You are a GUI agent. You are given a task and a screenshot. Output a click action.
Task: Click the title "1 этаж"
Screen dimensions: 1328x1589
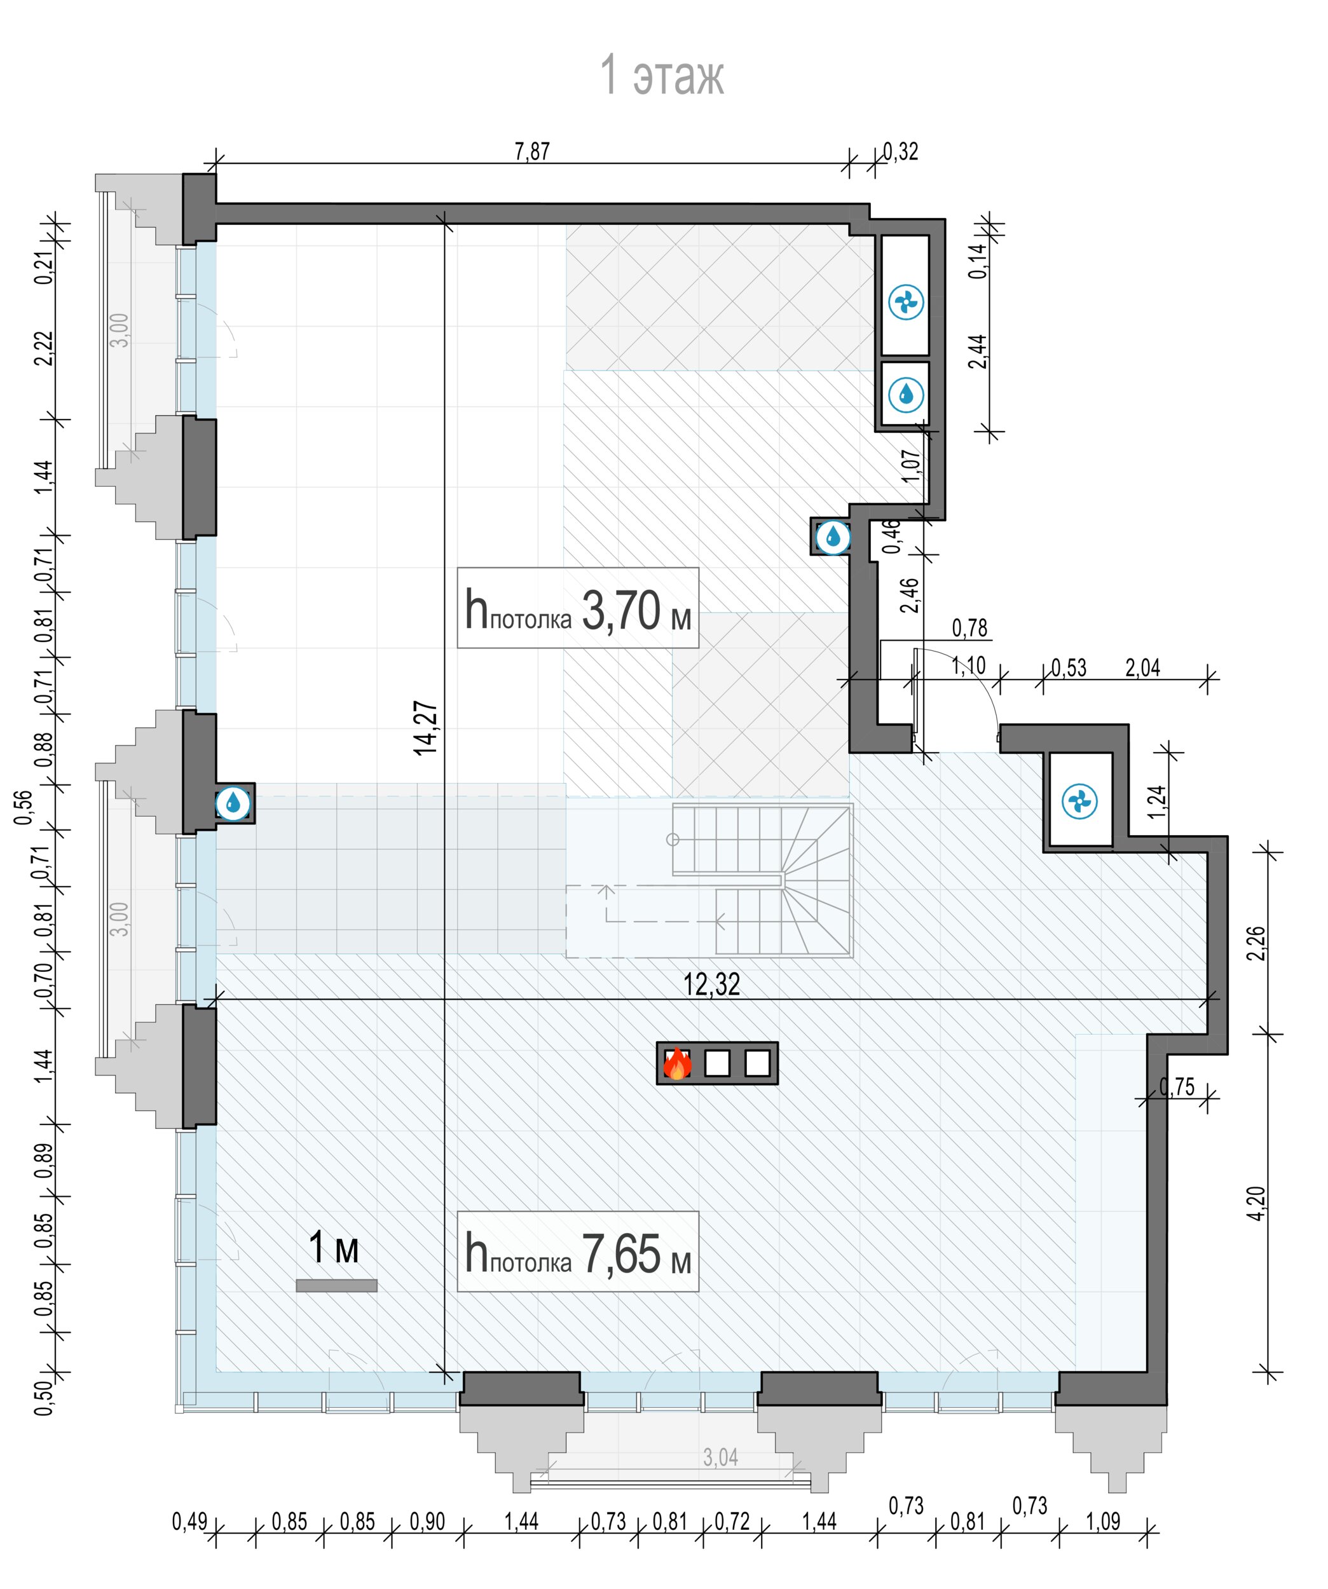point(662,75)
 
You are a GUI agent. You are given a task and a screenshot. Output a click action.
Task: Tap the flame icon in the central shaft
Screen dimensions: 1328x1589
point(676,1063)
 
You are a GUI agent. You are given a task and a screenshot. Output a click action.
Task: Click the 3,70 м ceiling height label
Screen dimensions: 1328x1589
point(577,608)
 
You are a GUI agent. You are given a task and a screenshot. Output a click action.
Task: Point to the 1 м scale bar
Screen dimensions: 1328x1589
point(336,1285)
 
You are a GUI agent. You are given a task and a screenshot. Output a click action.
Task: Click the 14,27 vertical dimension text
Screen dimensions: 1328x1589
point(426,728)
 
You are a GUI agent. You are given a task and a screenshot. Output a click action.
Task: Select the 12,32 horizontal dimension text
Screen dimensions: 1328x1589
point(711,985)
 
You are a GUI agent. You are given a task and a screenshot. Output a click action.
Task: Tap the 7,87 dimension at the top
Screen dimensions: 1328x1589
point(532,151)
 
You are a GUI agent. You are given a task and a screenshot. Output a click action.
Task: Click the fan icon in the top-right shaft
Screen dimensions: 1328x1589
point(905,303)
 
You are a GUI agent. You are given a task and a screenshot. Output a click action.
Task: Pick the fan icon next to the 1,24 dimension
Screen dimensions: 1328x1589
point(1079,801)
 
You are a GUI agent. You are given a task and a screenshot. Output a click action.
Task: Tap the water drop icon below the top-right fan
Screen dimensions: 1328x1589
point(905,393)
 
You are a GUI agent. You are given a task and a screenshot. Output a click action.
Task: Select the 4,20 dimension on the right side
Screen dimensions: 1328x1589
point(1256,1203)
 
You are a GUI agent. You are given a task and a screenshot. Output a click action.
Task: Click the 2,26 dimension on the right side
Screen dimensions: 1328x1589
point(1256,943)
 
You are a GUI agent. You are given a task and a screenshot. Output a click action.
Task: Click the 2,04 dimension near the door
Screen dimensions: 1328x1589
point(1142,668)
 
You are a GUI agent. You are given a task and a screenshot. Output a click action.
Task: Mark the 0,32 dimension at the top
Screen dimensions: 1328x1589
point(900,151)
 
